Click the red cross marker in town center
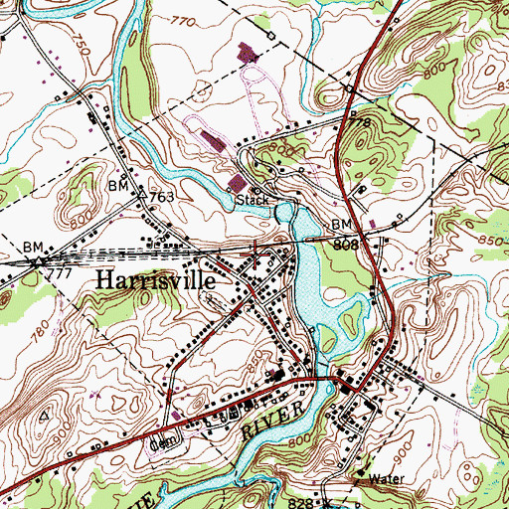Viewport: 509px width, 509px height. click(x=258, y=255)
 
